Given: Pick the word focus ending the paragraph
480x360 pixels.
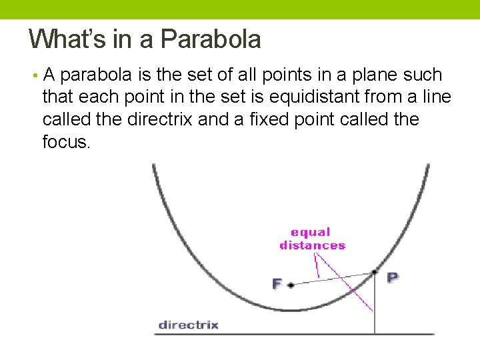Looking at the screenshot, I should [65, 143].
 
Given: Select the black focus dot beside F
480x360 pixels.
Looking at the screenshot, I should [291, 285].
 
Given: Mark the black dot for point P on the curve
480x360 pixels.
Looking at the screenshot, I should [375, 272].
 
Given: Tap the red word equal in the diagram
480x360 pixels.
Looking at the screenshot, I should [310, 233].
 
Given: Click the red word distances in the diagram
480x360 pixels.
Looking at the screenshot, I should [312, 245].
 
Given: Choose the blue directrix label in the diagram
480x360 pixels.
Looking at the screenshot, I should [188, 325].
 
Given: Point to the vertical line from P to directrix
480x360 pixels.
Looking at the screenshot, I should [375, 307].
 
